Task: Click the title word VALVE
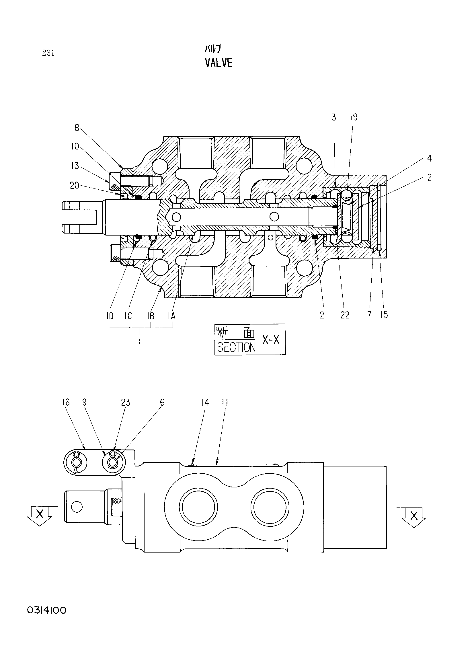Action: pyautogui.click(x=219, y=63)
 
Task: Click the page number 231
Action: pyautogui.click(x=48, y=53)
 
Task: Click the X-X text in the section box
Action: pyautogui.click(x=271, y=339)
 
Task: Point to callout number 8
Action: pyautogui.click(x=77, y=128)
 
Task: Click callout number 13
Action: pyautogui.click(x=75, y=166)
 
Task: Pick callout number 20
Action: pyautogui.click(x=75, y=185)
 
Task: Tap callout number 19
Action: pyautogui.click(x=354, y=117)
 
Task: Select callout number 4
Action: pyautogui.click(x=429, y=158)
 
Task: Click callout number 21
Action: pyautogui.click(x=323, y=315)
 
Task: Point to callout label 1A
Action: pyautogui.click(x=171, y=316)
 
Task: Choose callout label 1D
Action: pyautogui.click(x=110, y=316)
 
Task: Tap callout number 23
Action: pyautogui.click(x=125, y=402)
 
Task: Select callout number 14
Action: pyautogui.click(x=205, y=402)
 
